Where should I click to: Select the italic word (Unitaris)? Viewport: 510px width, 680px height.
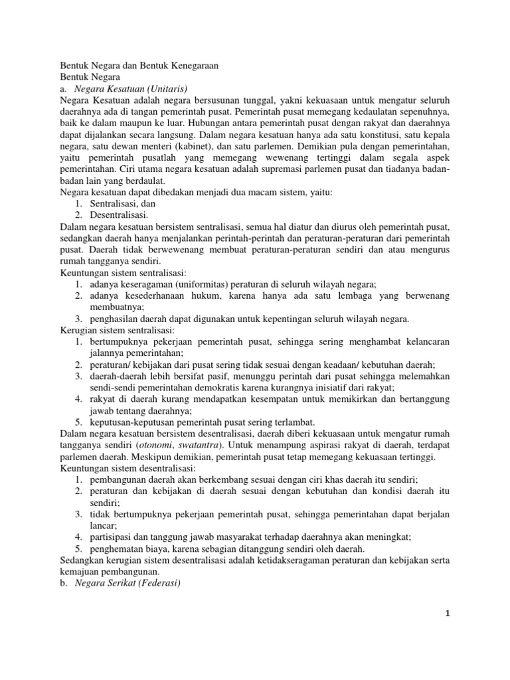pyautogui.click(x=167, y=89)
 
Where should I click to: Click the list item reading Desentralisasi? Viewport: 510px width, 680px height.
pyautogui.click(x=119, y=214)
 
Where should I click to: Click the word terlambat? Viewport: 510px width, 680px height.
pyautogui.click(x=291, y=421)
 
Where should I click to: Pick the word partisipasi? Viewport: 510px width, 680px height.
pyautogui.click(x=114, y=536)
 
